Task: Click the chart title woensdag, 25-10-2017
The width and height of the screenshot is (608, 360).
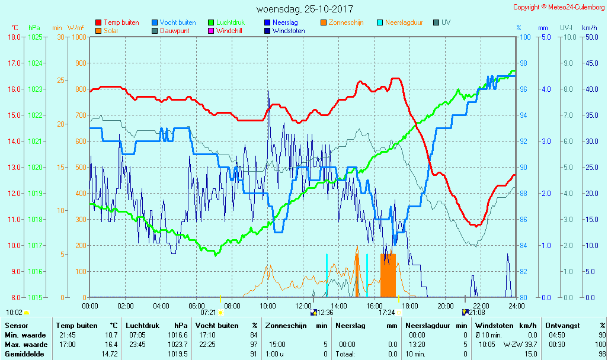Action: pyautogui.click(x=305, y=9)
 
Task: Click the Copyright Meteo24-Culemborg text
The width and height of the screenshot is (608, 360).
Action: pyautogui.click(x=559, y=7)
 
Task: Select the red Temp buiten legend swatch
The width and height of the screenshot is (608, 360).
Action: pyautogui.click(x=98, y=22)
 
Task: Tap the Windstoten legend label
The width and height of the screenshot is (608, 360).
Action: pyautogui.click(x=289, y=31)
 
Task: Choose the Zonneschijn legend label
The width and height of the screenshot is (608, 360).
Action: pyautogui.click(x=346, y=22)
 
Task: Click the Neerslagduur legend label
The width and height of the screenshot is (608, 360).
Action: pyautogui.click(x=404, y=22)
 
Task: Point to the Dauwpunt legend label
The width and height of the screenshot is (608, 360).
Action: pyautogui.click(x=175, y=31)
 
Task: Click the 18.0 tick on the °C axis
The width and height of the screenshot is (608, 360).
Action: pyautogui.click(x=14, y=37)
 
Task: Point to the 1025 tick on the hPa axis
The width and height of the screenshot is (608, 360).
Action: pyautogui.click(x=35, y=37)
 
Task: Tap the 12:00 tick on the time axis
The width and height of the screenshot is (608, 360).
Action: pyautogui.click(x=303, y=306)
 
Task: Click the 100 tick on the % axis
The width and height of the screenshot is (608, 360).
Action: pyautogui.click(x=524, y=37)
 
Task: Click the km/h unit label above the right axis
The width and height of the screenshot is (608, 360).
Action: pyautogui.click(x=589, y=28)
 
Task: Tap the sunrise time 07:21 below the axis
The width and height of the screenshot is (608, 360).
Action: pyautogui.click(x=208, y=312)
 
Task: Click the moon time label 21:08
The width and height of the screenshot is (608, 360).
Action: pyautogui.click(x=477, y=312)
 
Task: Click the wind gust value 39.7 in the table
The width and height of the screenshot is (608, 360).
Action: pyautogui.click(x=529, y=345)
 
